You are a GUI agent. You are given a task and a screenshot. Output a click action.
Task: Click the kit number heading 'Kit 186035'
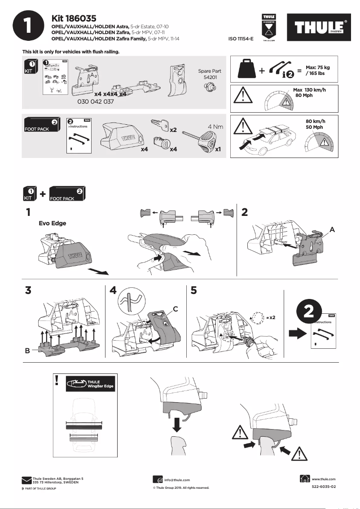(74, 18)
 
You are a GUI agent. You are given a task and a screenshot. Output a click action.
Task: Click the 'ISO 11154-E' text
(241, 39)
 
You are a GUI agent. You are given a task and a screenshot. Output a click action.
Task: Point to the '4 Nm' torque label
(215, 127)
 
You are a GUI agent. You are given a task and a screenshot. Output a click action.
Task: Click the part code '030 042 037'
(96, 102)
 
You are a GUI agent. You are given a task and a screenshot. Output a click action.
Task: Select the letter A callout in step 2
(332, 229)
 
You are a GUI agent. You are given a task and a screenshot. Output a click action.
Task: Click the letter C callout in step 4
(176, 308)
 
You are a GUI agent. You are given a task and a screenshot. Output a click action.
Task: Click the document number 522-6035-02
(324, 487)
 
